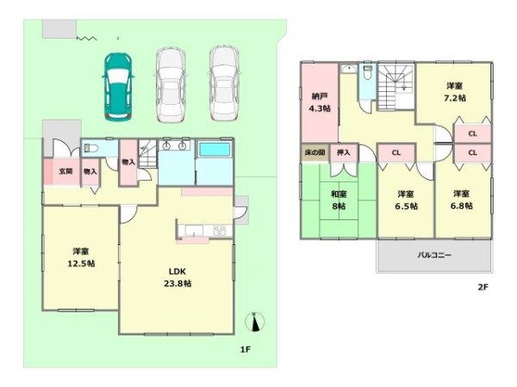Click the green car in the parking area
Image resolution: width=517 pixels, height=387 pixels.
coord(118,87)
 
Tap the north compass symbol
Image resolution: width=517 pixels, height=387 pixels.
coord(255,322)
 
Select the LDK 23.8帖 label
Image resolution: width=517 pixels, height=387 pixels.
coord(178,278)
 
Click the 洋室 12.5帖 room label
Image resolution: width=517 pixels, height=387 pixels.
coord(81,258)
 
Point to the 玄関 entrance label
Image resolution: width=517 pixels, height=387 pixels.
coord(65,171)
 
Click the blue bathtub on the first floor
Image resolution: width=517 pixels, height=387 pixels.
coord(215,150)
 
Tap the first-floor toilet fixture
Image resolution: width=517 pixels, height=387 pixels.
coord(90,149)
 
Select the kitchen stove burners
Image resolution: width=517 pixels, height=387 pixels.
coord(219,230)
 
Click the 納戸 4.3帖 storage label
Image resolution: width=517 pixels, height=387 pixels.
coord(319,102)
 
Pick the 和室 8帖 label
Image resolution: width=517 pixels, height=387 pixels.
coord(339,200)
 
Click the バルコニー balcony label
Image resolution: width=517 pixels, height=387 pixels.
coord(434,255)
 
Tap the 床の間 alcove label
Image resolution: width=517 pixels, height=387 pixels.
coord(315,152)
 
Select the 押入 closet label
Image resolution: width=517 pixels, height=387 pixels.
coord(343,152)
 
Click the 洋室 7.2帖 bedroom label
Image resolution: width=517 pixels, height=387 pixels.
coord(455,92)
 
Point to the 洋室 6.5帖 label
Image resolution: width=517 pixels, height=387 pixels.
coord(406,200)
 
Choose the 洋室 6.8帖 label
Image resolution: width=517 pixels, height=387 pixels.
coord(461,200)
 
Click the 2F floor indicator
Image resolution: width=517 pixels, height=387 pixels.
coord(483,287)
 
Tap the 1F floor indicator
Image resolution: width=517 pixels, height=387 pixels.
coord(246,349)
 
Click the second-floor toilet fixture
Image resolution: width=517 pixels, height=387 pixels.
coord(367,73)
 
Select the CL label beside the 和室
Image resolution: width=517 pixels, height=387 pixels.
coord(396,153)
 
